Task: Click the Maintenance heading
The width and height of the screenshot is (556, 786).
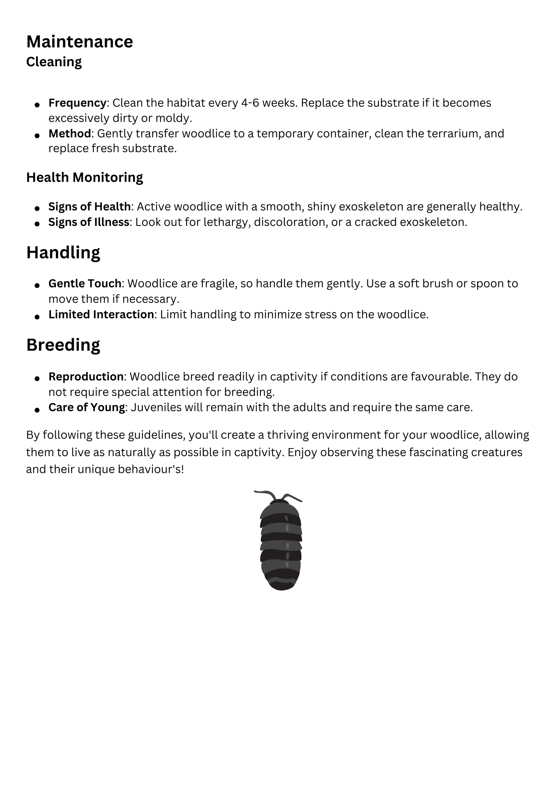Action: click(79, 42)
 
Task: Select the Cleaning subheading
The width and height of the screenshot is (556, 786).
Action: click(54, 62)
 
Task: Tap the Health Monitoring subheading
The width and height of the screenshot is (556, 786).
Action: click(85, 177)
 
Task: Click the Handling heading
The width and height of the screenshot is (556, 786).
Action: click(63, 253)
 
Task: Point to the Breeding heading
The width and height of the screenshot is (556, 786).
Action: click(63, 345)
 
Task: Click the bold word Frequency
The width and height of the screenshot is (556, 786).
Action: click(77, 103)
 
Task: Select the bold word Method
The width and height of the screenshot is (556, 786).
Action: click(70, 133)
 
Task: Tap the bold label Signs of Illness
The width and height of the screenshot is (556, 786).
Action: click(89, 222)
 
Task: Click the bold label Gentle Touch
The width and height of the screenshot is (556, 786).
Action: click(85, 283)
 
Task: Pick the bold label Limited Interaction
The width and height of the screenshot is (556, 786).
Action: click(101, 314)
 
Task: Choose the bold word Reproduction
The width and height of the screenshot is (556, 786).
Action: click(86, 376)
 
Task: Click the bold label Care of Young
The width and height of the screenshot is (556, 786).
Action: click(87, 407)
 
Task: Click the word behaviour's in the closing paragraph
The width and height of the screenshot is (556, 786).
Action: click(151, 469)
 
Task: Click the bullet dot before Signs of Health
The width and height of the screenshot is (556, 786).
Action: click(37, 208)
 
